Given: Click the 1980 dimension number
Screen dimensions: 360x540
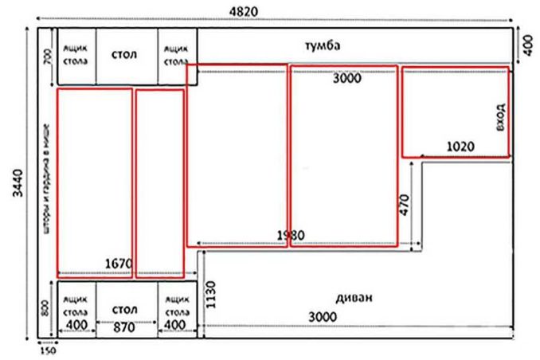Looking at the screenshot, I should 291,236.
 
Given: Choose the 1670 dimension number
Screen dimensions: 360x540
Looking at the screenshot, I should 118,263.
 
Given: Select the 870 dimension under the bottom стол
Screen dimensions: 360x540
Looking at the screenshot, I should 126,327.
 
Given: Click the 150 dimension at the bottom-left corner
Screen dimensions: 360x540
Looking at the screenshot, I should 47,350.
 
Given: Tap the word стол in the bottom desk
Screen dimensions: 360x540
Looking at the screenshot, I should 126,308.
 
